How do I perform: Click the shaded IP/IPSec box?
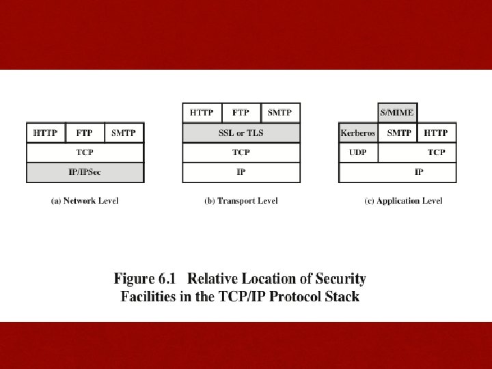pos(85,172)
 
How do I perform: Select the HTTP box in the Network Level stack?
pos(46,133)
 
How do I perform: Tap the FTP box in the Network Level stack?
pos(85,133)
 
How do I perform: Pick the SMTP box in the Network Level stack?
pos(124,133)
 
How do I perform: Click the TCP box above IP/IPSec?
pos(85,152)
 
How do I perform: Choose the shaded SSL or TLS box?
pos(241,133)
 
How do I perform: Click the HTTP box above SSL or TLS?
pos(202,113)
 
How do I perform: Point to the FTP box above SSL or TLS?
pos(241,113)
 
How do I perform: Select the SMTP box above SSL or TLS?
pos(280,113)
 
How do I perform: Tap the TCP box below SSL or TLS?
pos(241,152)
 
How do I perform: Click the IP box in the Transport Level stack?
pos(241,172)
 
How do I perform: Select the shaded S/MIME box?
pos(397,113)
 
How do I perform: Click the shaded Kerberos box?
pos(358,133)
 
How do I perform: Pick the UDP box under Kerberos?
pos(358,152)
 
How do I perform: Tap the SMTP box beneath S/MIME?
pos(399,133)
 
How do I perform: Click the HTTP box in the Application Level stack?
pos(437,133)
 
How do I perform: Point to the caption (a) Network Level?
pos(85,201)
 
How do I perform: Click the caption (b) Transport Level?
pos(241,201)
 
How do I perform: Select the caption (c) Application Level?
pos(403,201)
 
